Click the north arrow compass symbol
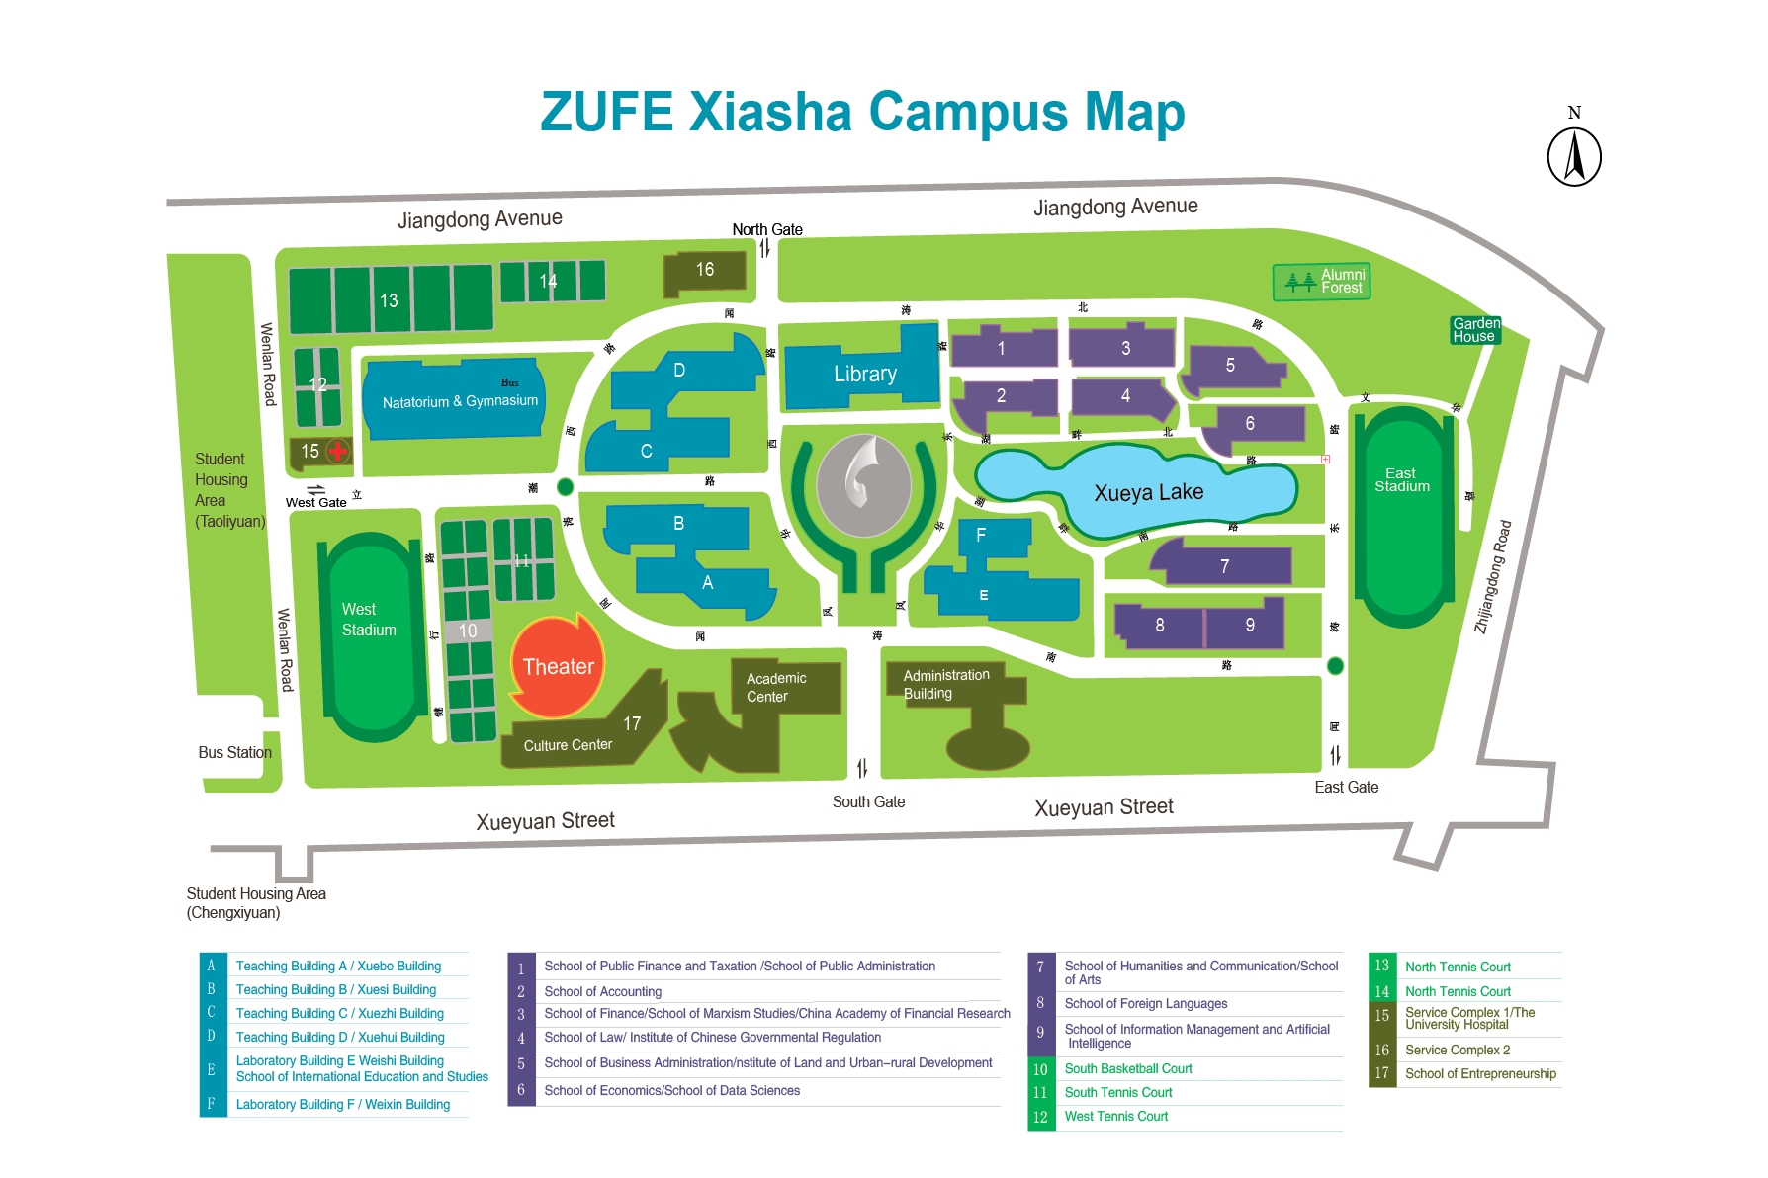1573,157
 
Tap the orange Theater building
557,667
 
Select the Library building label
864,374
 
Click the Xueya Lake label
1148,492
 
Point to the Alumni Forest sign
1322,282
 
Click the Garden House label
1475,330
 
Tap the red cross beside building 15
338,452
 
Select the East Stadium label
1401,480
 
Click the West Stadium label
369,620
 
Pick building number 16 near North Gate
704,270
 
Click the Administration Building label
945,684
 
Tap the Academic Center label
776,687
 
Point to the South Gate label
868,801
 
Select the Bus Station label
234,752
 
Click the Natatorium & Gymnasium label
460,401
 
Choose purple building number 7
1224,566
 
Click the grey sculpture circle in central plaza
863,484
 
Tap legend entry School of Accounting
602,991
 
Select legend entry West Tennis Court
1115,1116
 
